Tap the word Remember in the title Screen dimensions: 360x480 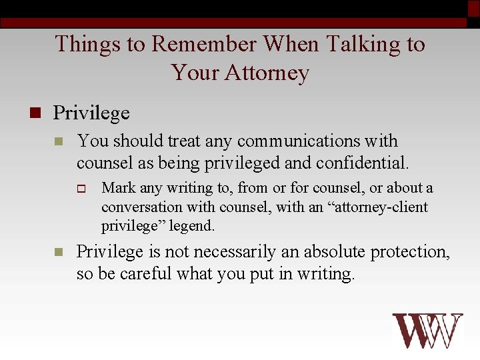coord(203,44)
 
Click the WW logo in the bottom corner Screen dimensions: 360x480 coord(427,331)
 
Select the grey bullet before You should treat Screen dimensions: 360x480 coord(58,142)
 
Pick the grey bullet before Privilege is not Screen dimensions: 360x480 coord(58,253)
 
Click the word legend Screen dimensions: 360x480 coord(191,226)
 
